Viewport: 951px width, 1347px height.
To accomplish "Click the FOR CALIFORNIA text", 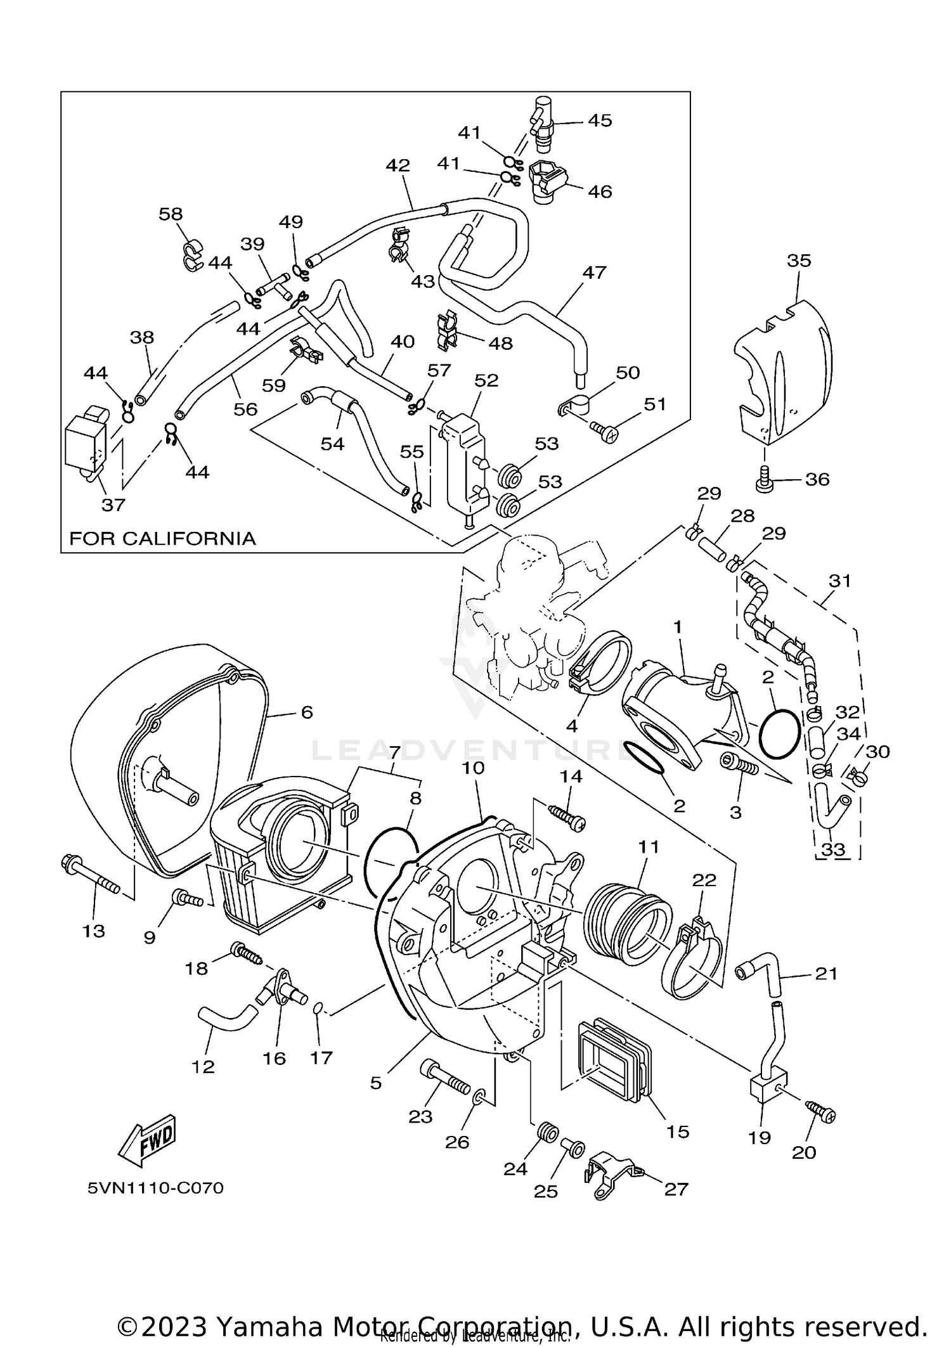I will coord(162,539).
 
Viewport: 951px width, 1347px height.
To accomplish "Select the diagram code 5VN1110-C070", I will coord(155,1187).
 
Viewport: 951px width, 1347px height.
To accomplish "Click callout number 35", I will coord(799,261).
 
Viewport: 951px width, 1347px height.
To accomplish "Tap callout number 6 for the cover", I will coord(306,712).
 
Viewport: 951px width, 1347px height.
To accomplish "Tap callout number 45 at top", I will coord(599,120).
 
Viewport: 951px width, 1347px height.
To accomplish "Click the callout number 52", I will coord(486,380).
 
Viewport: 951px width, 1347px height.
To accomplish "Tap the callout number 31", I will coord(839,580).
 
